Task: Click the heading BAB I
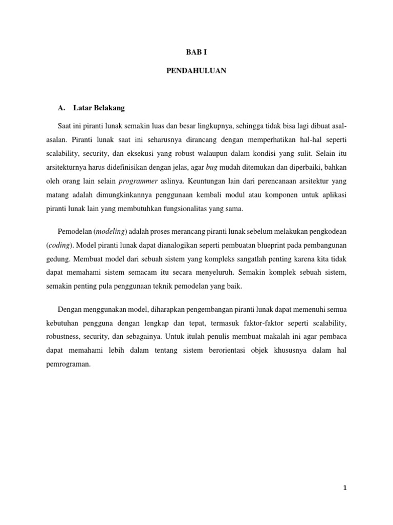[196, 52]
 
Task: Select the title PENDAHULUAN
[196, 72]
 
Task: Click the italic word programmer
[139, 181]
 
